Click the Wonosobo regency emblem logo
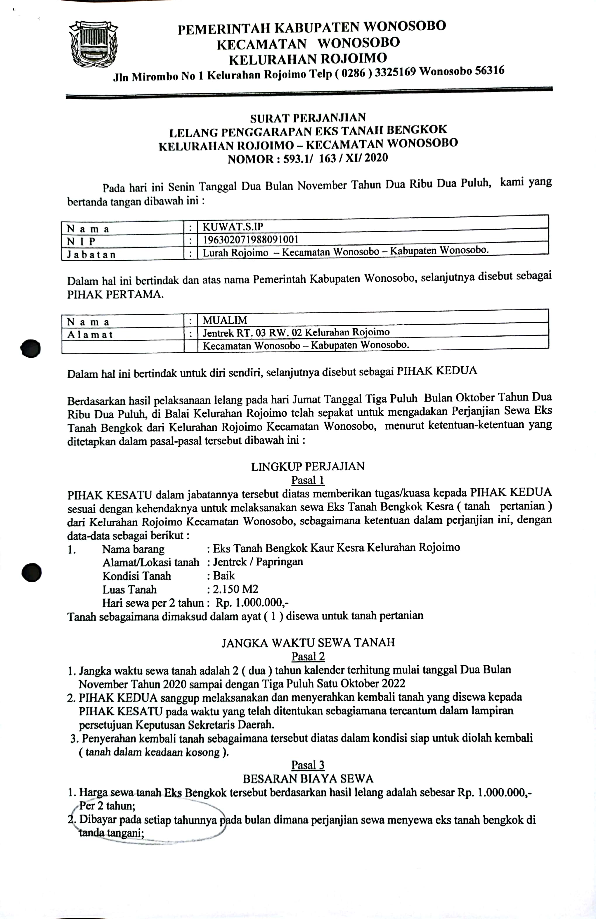(93, 44)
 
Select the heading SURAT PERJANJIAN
(308, 118)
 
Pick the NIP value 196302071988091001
(250, 239)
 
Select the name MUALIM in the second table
(225, 320)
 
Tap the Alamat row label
(90, 334)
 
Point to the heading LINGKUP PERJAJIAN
(308, 467)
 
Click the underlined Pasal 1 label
(308, 480)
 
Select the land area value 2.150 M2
(235, 589)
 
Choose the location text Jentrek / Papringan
(258, 562)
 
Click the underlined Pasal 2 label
(308, 657)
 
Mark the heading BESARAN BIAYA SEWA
(308, 779)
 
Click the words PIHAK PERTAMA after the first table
(115, 294)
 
